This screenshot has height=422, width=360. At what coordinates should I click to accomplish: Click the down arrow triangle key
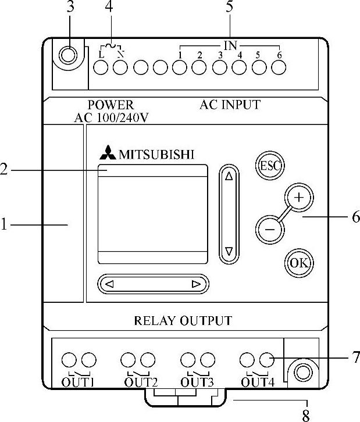coord(229,251)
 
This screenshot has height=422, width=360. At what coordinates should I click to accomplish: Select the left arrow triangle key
coord(109,284)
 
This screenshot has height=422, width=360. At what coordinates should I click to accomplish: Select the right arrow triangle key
coord(195,284)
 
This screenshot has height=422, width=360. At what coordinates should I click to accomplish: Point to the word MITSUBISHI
coord(156,155)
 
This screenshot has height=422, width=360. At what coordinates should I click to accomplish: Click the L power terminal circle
coord(101,67)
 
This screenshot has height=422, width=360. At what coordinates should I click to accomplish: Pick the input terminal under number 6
coord(279,67)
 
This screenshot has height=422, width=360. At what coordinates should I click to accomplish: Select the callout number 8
coord(305,415)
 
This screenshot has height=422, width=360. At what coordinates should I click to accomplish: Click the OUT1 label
coord(78,382)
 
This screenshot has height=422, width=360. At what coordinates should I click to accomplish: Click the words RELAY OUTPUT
coord(183,320)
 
